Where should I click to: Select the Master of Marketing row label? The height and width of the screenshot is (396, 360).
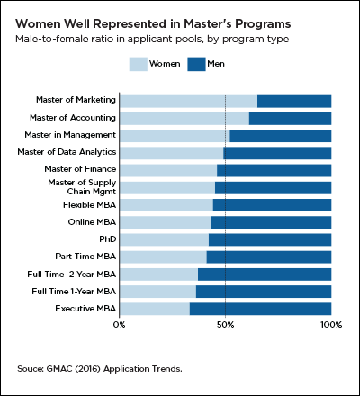click(x=75, y=101)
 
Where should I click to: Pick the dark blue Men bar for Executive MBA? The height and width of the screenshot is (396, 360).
click(x=260, y=309)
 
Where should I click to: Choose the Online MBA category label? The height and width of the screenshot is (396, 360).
click(x=90, y=222)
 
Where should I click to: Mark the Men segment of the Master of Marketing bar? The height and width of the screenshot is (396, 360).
click(x=294, y=101)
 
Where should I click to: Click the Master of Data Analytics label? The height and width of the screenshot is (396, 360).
click(x=66, y=152)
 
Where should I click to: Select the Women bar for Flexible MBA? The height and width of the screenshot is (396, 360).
click(x=166, y=205)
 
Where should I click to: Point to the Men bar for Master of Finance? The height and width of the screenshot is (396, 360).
click(x=286, y=170)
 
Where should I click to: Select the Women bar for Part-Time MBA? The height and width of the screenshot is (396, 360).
click(x=162, y=256)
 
